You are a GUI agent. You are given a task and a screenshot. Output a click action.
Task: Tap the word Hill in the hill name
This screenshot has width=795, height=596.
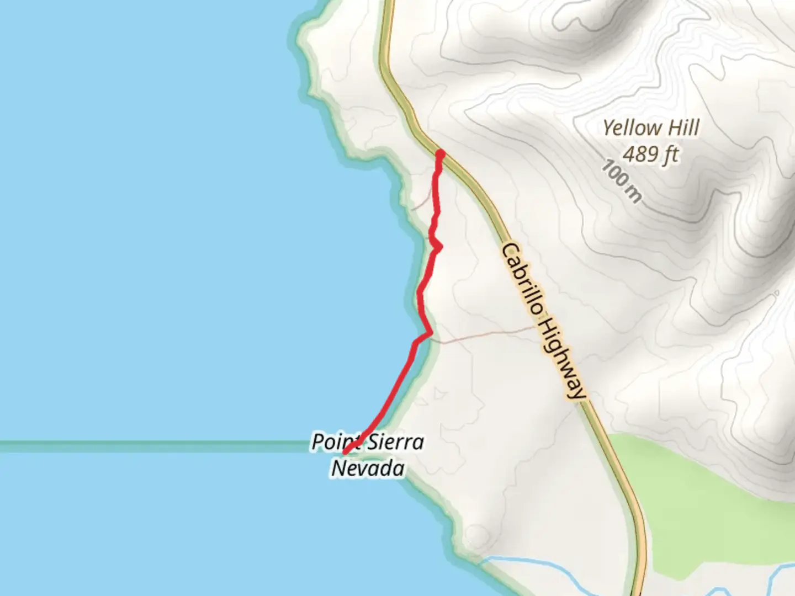(x=683, y=128)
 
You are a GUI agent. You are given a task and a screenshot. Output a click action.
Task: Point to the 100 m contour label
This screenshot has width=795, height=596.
(x=622, y=180)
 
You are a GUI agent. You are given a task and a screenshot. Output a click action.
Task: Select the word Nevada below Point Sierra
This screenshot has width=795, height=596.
(x=368, y=469)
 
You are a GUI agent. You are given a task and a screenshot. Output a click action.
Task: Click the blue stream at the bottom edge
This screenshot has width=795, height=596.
(x=530, y=568)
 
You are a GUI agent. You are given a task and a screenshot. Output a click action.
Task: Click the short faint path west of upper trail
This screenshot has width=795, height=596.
(x=422, y=203)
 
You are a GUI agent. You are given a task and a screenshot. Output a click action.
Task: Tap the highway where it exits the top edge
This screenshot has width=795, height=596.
(x=389, y=4)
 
